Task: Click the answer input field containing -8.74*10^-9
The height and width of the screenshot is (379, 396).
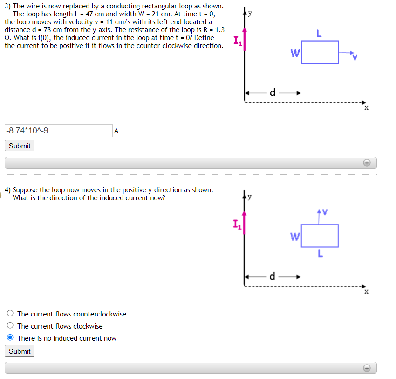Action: coord(58,131)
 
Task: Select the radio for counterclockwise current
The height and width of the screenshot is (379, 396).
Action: coord(10,314)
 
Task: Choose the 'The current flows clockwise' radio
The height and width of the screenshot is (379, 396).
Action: coord(10,326)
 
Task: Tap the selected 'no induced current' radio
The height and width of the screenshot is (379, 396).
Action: coord(10,338)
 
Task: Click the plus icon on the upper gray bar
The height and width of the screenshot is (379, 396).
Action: coord(367,163)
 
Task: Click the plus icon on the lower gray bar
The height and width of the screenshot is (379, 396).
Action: coord(367,368)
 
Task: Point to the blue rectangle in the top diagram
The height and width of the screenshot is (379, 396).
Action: coord(320,52)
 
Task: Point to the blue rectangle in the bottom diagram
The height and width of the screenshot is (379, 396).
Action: coord(320,236)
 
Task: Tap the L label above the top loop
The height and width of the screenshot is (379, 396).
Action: coord(319,34)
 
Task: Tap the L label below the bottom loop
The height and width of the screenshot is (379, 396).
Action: coord(320,254)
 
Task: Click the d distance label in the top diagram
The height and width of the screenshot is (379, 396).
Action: coord(273,92)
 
